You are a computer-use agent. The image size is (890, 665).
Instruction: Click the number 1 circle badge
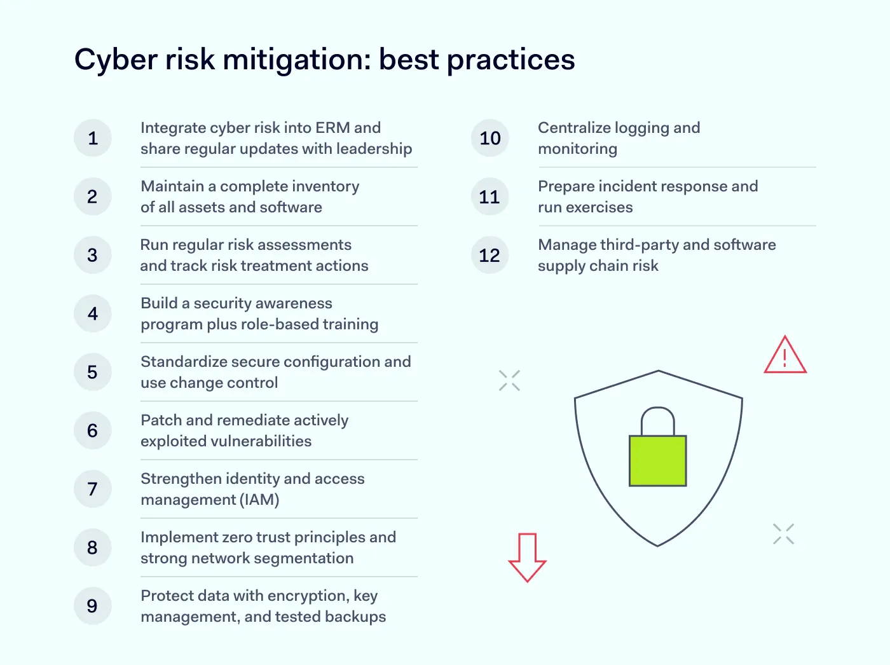(x=93, y=138)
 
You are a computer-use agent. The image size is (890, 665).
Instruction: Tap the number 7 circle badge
(x=93, y=489)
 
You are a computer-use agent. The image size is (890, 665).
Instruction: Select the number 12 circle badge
(x=489, y=255)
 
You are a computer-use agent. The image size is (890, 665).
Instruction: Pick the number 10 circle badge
(x=489, y=138)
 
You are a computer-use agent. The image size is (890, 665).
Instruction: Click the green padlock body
(x=657, y=461)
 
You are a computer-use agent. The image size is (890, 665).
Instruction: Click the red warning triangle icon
(x=785, y=356)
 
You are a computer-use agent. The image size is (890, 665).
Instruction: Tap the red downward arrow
(x=527, y=557)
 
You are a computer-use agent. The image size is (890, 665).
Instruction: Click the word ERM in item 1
(x=332, y=128)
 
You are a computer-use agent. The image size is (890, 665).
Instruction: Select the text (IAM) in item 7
(x=259, y=500)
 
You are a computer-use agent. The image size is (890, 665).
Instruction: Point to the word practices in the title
(x=511, y=60)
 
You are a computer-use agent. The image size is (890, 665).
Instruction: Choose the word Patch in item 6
(x=161, y=420)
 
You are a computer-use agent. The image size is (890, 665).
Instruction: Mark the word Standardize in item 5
(x=183, y=362)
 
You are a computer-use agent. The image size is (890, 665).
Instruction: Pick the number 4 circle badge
(x=93, y=313)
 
